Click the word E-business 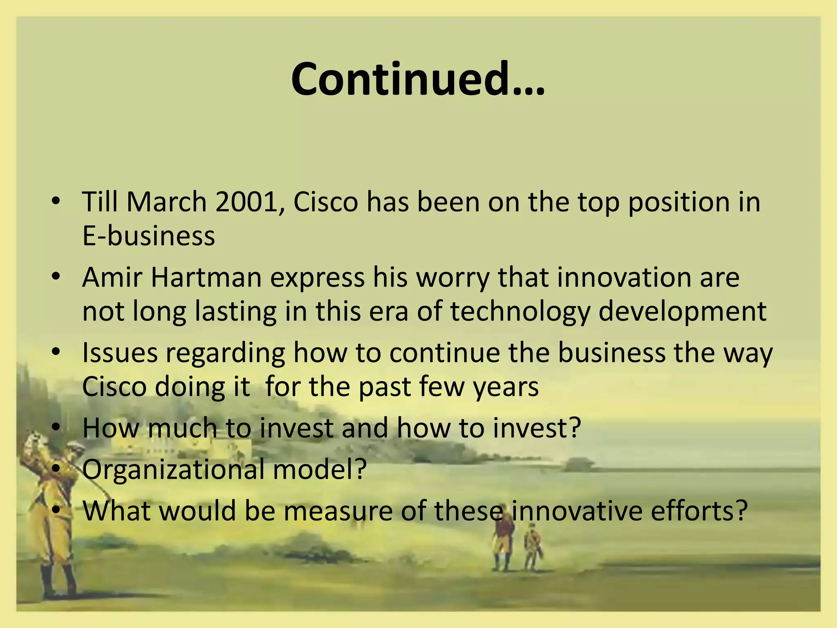tap(148, 236)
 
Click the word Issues tap(120, 352)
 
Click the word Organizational tap(173, 469)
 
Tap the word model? tap(320, 469)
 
